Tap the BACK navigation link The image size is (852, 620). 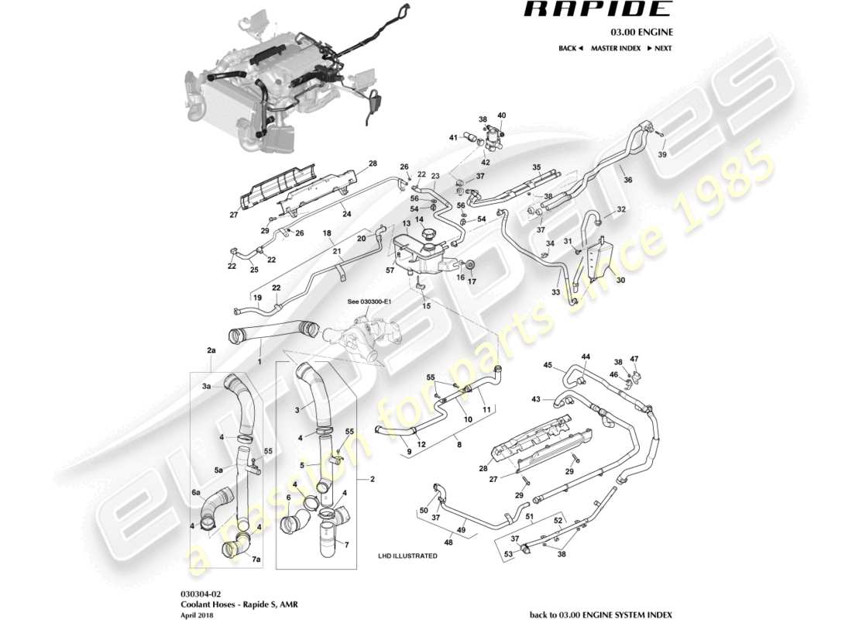point(569,48)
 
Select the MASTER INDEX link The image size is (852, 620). point(615,48)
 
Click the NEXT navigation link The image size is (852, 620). point(658,48)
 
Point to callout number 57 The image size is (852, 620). point(390,271)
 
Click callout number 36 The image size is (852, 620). point(628,180)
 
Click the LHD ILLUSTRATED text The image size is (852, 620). point(407,556)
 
